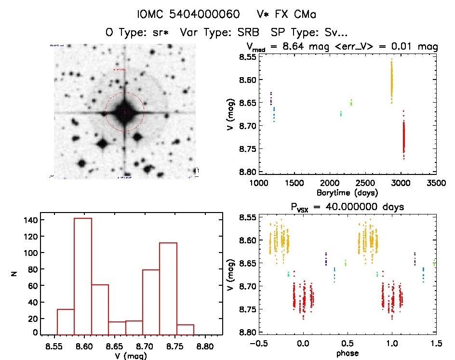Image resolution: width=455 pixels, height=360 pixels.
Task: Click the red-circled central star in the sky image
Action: [125, 112]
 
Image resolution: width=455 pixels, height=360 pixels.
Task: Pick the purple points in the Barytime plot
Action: [271, 98]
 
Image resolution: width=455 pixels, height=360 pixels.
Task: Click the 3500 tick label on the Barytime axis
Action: [436, 184]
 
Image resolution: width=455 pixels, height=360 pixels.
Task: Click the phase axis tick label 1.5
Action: [436, 345]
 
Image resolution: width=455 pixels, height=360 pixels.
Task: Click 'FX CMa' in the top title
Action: [297, 14]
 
